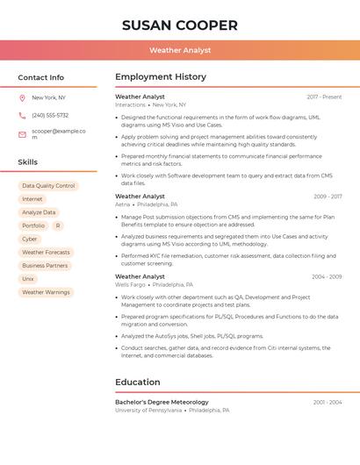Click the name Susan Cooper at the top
tap(180, 25)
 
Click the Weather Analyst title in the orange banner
tap(180, 50)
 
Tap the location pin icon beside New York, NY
tap(22, 97)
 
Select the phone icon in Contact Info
tap(22, 115)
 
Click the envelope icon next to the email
tap(22, 134)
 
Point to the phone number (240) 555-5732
tap(50, 115)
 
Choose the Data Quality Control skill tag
tap(48, 186)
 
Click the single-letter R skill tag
tap(58, 225)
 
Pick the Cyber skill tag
tap(30, 239)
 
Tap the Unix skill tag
tap(28, 278)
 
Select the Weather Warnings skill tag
tap(46, 292)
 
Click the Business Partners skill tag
tap(45, 265)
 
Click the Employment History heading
tap(161, 77)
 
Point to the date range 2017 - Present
tap(324, 97)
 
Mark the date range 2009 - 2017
tap(328, 197)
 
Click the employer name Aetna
tap(122, 204)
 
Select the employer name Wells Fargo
tap(131, 284)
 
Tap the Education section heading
tap(138, 382)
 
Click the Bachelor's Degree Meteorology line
tap(162, 402)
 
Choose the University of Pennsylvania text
tap(148, 410)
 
